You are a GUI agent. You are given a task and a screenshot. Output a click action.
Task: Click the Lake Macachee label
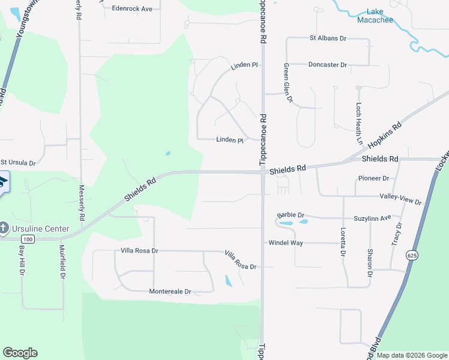click(x=375, y=16)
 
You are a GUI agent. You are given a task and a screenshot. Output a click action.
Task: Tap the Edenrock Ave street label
click(x=132, y=8)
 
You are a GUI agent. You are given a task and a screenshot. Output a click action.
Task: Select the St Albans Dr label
click(x=328, y=38)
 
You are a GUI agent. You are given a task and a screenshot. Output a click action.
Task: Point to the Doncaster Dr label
click(x=327, y=64)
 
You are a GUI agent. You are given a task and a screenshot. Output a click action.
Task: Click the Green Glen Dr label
click(x=288, y=83)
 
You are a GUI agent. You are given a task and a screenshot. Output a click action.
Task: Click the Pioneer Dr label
click(x=373, y=178)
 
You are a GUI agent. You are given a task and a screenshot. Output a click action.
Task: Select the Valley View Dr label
click(x=400, y=199)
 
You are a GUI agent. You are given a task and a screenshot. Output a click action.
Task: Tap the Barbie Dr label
click(x=291, y=215)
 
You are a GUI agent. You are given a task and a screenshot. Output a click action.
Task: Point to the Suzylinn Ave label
click(x=372, y=217)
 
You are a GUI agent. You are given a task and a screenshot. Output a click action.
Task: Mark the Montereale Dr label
click(x=170, y=292)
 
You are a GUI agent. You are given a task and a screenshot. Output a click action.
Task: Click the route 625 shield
click(x=411, y=254)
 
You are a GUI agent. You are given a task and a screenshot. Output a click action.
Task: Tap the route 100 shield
click(x=29, y=239)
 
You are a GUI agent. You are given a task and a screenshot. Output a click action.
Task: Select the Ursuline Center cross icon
click(x=4, y=228)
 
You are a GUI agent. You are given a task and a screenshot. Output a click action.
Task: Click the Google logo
click(x=20, y=353)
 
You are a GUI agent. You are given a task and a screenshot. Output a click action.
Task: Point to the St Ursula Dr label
click(x=18, y=163)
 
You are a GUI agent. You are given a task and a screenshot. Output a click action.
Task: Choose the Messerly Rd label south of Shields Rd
click(x=82, y=202)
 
